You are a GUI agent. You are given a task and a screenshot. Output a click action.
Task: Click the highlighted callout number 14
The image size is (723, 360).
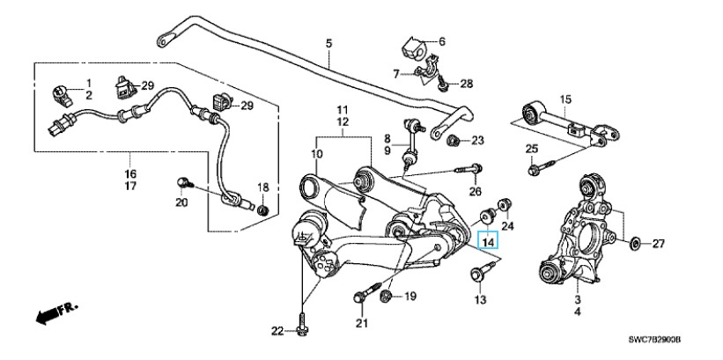[x=488, y=239]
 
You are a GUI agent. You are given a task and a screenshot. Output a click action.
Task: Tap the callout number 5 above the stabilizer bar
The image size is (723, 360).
[x=328, y=43]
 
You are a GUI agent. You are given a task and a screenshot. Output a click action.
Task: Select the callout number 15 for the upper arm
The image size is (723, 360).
[x=565, y=99]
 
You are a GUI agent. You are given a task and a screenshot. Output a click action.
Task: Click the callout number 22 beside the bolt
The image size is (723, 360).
[x=277, y=331]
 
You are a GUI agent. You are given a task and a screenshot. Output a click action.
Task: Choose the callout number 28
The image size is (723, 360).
[x=466, y=84]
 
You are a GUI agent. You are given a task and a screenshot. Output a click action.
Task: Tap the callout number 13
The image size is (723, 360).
[x=481, y=300]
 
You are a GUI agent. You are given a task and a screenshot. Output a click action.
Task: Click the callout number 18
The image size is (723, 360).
[x=262, y=187]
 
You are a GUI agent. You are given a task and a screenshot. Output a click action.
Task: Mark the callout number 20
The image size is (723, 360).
[x=181, y=203]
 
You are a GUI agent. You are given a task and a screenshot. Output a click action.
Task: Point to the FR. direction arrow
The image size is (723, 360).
[x=53, y=313]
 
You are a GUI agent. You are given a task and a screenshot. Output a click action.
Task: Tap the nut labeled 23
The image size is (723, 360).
[x=451, y=142]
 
